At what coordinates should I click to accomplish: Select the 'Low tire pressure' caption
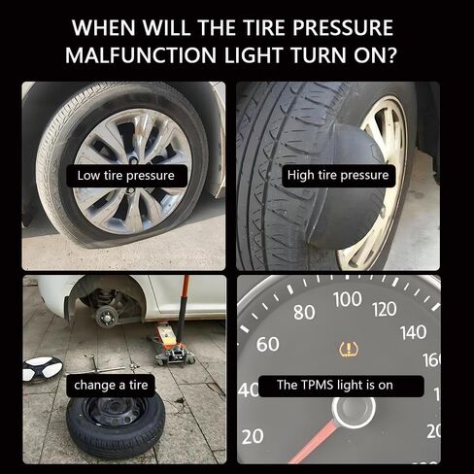click(x=125, y=176)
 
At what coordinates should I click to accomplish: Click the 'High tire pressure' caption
click(x=338, y=176)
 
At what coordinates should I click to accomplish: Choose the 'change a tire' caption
click(x=110, y=385)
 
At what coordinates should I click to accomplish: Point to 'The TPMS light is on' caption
click(x=334, y=385)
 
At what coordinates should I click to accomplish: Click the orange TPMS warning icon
click(x=347, y=348)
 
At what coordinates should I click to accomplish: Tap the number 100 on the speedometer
click(x=347, y=299)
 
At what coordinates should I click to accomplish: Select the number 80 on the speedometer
click(x=304, y=312)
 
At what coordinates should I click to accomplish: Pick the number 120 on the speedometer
click(x=384, y=309)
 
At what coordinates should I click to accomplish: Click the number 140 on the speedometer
click(x=413, y=332)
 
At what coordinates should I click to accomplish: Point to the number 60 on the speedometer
click(x=268, y=345)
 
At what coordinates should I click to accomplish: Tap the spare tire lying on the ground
click(x=115, y=424)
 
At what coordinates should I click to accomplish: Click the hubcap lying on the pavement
click(x=43, y=368)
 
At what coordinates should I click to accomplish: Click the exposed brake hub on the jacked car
click(x=104, y=315)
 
